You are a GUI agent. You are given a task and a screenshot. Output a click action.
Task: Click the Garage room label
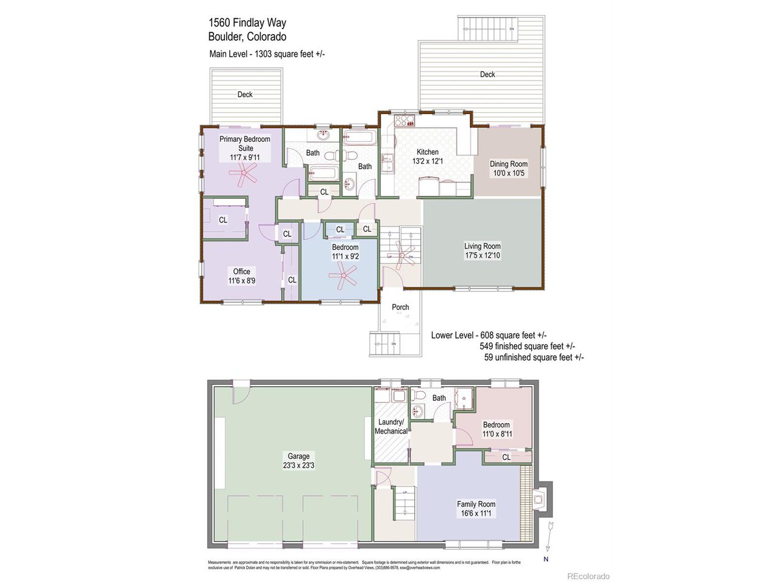pyautogui.click(x=298, y=456)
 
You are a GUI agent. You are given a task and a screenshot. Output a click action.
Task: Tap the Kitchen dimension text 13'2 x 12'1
pyautogui.click(x=427, y=161)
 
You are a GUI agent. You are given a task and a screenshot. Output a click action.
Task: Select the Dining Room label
pyautogui.click(x=509, y=164)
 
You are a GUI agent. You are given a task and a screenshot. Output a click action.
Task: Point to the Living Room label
pyautogui.click(x=483, y=246)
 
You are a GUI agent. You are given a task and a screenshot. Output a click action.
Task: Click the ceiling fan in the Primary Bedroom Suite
pyautogui.click(x=243, y=175)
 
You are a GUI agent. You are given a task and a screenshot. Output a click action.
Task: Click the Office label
pyautogui.click(x=241, y=272)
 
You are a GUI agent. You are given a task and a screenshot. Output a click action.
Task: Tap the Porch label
pyautogui.click(x=400, y=307)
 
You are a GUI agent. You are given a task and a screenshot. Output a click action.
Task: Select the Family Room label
pyautogui.click(x=476, y=504)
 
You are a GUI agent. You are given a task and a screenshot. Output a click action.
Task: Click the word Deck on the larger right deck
pyautogui.click(x=487, y=75)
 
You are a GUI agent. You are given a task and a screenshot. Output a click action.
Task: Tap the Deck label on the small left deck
pyautogui.click(x=245, y=95)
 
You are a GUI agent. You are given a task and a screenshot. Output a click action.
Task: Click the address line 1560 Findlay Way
pyautogui.click(x=247, y=23)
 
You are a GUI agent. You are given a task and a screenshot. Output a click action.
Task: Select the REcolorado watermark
pyautogui.click(x=588, y=576)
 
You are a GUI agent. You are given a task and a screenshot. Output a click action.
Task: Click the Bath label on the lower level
pyautogui.click(x=439, y=398)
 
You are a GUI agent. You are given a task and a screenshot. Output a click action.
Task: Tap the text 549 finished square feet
pyautogui.click(x=527, y=346)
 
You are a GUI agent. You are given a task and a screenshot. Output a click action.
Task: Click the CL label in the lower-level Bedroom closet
pyautogui.click(x=506, y=457)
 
